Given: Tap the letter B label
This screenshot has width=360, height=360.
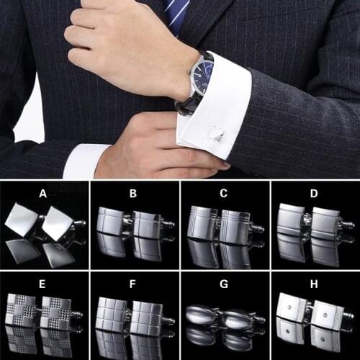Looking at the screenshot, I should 133,192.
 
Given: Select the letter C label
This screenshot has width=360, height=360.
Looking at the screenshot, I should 224,192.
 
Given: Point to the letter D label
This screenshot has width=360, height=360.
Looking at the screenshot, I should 314,192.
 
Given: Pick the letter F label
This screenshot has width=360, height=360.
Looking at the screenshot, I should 133,283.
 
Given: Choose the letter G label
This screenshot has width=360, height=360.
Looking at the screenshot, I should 224,283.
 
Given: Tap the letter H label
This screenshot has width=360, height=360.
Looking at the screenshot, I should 314,283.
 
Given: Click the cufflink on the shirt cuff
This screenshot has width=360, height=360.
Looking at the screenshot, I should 217,135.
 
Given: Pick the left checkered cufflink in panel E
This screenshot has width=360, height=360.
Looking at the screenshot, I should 21,311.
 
